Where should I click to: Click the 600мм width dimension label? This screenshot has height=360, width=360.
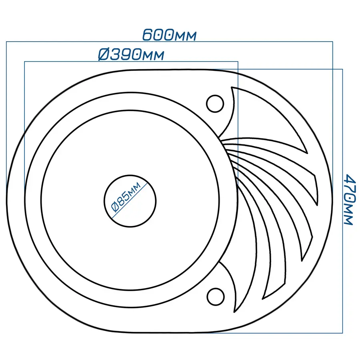coord(170,35)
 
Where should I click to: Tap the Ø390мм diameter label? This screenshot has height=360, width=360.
coord(131,55)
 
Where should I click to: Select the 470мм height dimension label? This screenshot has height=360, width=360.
coord(349,199)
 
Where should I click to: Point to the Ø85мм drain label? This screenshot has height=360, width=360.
coord(126,197)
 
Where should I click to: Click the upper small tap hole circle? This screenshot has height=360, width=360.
coord(215,104)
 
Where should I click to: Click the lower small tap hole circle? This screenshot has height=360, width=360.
coord(215,297)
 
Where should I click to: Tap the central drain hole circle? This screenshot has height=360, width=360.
coord(130,201)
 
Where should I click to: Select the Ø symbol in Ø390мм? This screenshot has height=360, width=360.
coord(103,55)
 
